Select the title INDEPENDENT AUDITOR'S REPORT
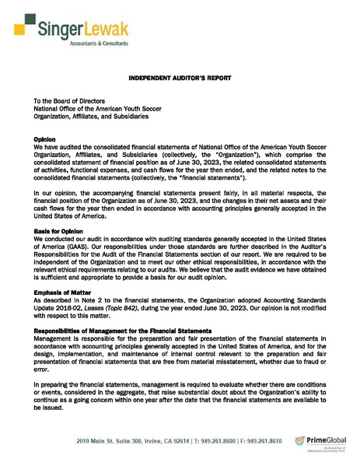180,79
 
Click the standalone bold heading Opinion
44,138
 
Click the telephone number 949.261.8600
213,441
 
